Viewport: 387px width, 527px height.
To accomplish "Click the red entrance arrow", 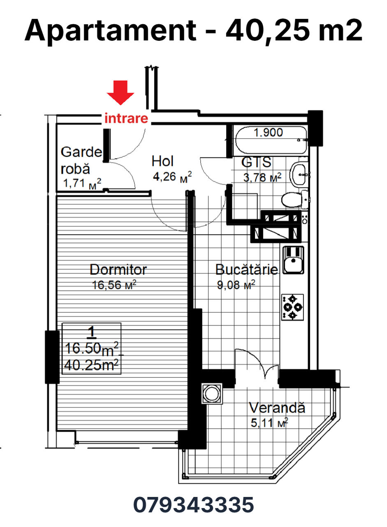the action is point(121,93).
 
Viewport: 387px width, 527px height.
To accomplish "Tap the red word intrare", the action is point(126,118).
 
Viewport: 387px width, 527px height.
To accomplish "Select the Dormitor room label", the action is point(118,269).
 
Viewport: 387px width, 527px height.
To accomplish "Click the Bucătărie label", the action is point(247,269).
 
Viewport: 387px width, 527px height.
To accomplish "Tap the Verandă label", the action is point(277,408).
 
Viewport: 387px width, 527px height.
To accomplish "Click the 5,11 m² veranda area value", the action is point(269,423).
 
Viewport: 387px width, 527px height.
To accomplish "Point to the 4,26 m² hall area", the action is point(172,177).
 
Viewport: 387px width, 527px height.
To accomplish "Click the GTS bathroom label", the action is point(256,162).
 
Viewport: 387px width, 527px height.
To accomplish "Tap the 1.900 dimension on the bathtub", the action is point(268,133).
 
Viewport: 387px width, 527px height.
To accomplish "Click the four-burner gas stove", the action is point(292,307).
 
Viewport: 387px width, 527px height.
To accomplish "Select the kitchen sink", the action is point(293,260).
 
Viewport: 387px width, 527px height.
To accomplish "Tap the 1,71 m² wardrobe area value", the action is point(82,183).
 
